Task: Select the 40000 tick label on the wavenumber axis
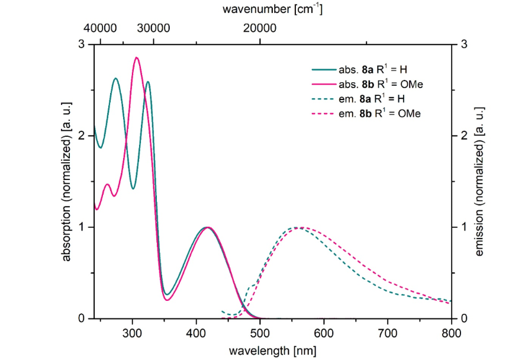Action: tap(99, 28)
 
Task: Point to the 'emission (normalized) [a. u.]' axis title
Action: tap(481, 181)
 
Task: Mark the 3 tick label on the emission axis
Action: tap(464, 44)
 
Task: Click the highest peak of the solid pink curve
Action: tap(137, 57)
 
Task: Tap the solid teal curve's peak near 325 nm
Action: tap(147, 82)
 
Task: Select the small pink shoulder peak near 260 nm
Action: tap(107, 184)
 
